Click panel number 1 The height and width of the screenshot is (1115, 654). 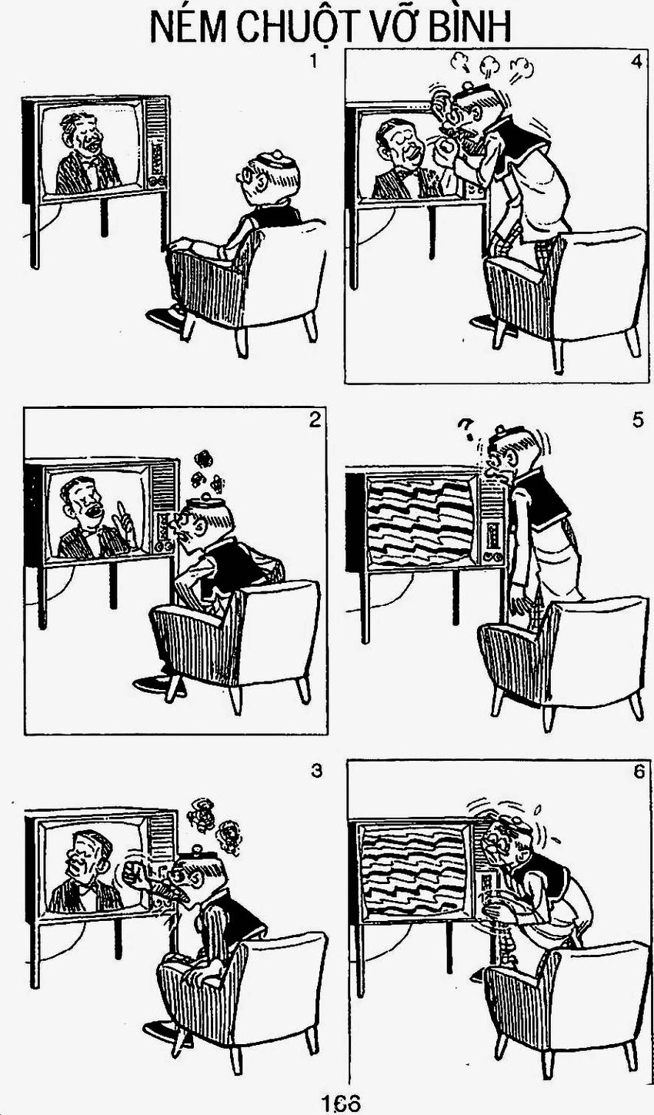(x=313, y=62)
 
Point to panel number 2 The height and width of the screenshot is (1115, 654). (x=315, y=421)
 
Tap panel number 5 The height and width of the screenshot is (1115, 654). (x=638, y=420)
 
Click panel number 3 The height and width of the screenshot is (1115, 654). (x=316, y=771)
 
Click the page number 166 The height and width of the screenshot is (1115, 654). (x=340, y=1103)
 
